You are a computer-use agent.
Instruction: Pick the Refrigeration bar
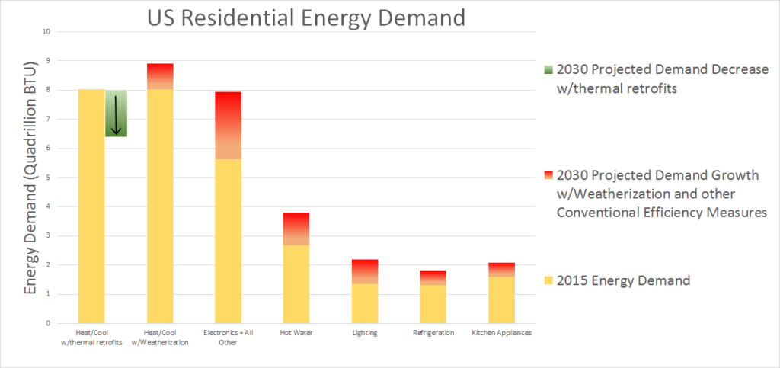click(x=433, y=297)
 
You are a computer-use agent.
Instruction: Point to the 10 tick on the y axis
click(x=46, y=32)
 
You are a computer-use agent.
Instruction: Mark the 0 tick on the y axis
click(x=48, y=323)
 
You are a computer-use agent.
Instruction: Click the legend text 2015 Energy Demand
click(x=623, y=280)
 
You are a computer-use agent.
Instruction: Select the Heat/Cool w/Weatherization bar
click(x=161, y=206)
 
